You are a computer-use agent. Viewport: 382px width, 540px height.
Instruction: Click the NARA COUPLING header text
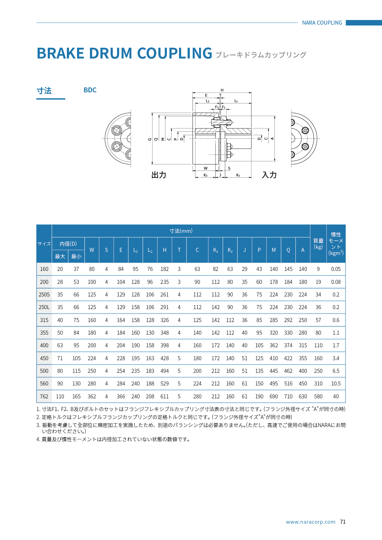tap(322, 23)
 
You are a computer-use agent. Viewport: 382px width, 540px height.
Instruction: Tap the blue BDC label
tap(90, 90)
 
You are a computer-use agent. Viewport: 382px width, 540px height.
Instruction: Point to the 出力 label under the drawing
tap(159, 175)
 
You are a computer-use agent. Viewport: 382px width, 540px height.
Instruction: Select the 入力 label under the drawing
tap(269, 175)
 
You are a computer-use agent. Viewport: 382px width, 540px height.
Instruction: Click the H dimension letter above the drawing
tap(222, 90)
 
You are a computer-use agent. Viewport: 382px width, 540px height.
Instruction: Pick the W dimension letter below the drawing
tap(205, 168)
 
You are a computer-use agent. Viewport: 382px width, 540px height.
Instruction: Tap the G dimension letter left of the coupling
tap(150, 139)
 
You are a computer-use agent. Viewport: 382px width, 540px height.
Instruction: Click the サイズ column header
tap(44, 244)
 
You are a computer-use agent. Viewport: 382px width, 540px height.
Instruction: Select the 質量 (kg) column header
tap(318, 244)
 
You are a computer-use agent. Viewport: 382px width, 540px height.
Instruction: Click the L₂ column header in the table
tap(150, 250)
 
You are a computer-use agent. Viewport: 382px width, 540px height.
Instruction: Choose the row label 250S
tap(44, 295)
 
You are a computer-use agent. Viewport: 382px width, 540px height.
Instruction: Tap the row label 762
tap(44, 397)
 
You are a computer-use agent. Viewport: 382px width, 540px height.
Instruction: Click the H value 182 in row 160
tap(165, 269)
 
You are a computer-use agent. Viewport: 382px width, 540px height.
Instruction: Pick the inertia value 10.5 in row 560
tap(336, 384)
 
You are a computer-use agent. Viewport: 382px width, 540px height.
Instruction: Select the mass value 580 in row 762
tap(318, 397)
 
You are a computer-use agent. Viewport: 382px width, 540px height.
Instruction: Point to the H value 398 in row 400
tap(165, 345)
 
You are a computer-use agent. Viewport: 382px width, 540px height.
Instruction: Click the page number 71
tap(343, 522)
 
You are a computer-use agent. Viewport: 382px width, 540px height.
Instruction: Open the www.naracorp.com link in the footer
tap(311, 522)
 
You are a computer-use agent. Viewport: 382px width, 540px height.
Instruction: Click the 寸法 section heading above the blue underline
tap(44, 91)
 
